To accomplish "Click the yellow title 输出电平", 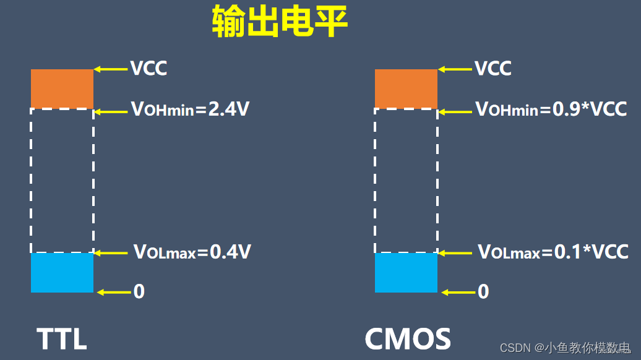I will coord(280,23).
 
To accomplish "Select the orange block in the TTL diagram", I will coord(62,88).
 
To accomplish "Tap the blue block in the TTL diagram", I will coord(62,273).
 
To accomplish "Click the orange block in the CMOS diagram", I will coord(406,88).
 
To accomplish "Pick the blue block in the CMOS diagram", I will coord(406,273).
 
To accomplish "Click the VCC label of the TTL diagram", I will coord(148,68).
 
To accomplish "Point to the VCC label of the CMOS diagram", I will coord(493,68).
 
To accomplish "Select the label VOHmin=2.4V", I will coord(190,110).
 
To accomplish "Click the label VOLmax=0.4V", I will coord(192,252).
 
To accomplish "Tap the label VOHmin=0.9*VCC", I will coord(551,110).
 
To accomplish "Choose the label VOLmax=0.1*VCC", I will coord(553,252).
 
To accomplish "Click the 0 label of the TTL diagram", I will coord(139,291).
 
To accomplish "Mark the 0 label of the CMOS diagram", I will coord(484,291).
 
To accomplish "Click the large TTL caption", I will coord(61,339).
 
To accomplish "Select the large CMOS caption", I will coord(408,339).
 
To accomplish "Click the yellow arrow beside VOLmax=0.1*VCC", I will coord(455,253).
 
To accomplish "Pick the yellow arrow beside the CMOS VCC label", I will coord(454,69).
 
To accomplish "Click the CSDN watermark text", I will coord(564,348).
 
